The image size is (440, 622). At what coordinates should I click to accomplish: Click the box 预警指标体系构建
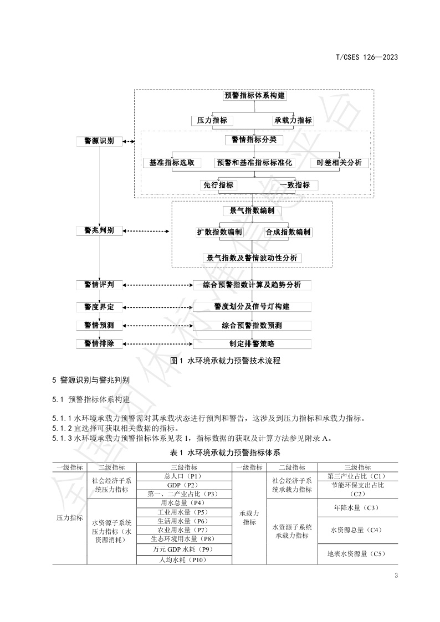pos(254,95)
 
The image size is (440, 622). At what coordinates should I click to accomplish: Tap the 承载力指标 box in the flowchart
pos(293,120)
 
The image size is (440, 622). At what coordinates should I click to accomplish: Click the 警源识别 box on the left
pos(99,141)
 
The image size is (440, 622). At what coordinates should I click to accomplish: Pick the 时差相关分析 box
pos(339,162)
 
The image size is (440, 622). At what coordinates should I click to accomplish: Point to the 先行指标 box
pos(218,185)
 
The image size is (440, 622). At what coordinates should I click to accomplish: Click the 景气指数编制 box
pos(252,211)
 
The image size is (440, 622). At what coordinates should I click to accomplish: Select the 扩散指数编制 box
pos(219,232)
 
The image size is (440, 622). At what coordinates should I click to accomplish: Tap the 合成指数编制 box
pos(288,232)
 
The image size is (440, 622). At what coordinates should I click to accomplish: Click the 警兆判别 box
pos(99,230)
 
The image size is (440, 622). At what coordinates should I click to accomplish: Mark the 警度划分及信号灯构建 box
pos(252,306)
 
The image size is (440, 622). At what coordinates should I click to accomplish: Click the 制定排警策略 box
pos(252,343)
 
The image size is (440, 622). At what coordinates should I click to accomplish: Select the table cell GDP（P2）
pos(182,485)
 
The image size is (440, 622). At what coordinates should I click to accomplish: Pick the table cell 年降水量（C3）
pos(357,507)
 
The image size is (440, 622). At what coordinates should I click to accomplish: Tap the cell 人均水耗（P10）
pos(183,559)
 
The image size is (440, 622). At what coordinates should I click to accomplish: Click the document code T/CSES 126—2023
pos(367,57)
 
